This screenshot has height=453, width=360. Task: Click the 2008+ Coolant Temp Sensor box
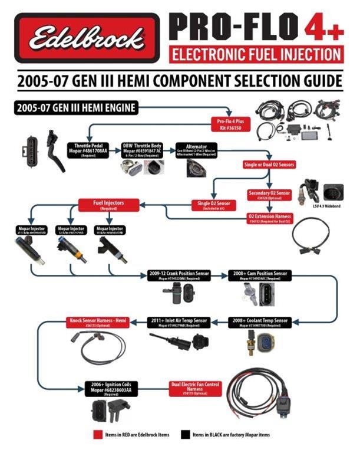[x=259, y=321]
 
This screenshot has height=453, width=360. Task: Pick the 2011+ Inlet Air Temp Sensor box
[x=179, y=321]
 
